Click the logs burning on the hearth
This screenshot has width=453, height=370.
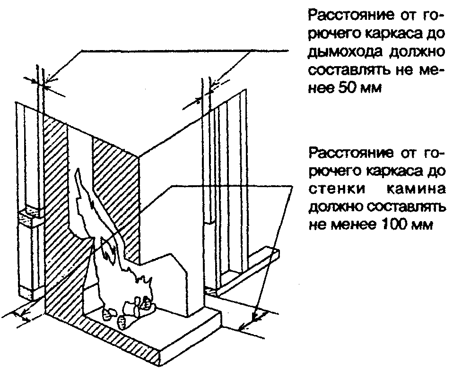[132, 310]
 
